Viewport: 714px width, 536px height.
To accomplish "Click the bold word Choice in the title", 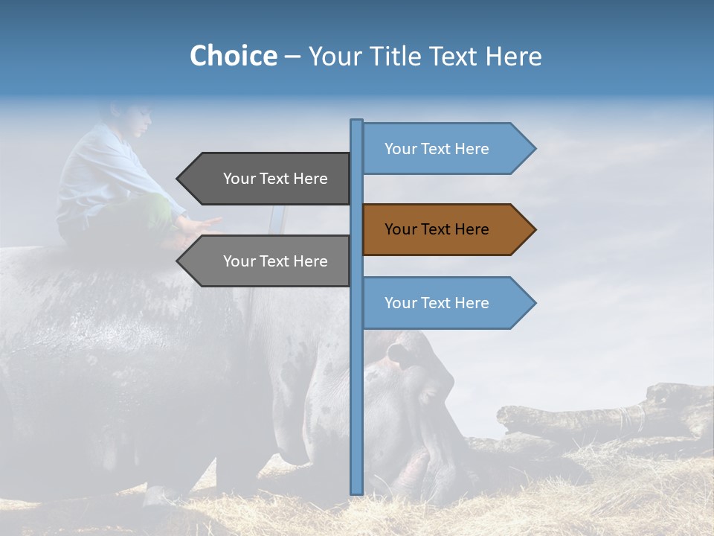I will (233, 56).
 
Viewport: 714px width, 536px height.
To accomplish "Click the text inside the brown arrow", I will (437, 229).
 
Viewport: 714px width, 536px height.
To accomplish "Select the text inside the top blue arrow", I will (437, 149).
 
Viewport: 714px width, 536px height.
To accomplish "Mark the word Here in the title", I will (513, 56).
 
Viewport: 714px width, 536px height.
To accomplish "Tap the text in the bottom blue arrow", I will (437, 303).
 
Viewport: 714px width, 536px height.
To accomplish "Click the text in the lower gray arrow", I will (275, 261).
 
